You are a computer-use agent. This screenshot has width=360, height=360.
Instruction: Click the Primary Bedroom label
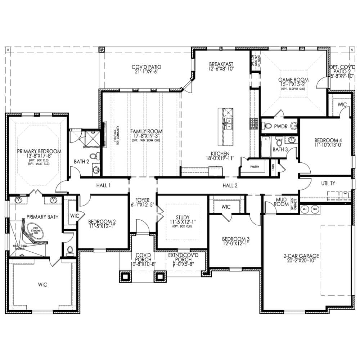coord(39,152)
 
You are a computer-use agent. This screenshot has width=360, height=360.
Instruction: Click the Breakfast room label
coord(221,64)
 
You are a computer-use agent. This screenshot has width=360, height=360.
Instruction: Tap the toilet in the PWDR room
coord(267,126)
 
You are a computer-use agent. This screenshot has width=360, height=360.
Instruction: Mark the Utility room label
coord(328,183)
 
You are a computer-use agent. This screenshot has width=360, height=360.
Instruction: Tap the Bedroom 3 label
coord(236,239)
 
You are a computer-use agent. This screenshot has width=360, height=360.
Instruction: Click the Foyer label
coord(142,200)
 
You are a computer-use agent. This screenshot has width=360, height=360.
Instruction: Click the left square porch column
coord(125,276)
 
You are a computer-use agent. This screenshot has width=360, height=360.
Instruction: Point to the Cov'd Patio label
coord(146,67)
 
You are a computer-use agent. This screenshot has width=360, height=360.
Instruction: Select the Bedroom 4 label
coord(328,140)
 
